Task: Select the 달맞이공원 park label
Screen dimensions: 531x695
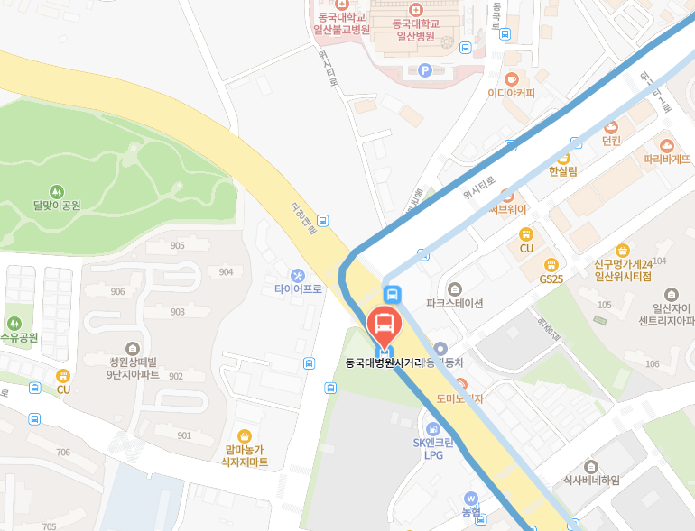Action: (57, 205)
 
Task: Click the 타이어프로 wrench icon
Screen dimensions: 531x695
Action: (298, 275)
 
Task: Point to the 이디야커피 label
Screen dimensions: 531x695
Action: (511, 93)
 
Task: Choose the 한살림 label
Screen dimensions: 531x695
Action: (562, 170)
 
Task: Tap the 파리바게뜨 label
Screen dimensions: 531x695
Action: (667, 158)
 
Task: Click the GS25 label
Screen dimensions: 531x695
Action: (551, 279)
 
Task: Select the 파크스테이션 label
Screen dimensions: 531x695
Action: (454, 303)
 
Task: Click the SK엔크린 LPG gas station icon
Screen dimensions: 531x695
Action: (433, 428)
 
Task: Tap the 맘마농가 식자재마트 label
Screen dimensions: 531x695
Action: (245, 455)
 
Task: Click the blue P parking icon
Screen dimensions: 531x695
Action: (425, 70)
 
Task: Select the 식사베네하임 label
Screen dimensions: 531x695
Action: (591, 481)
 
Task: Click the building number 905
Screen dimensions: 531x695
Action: (177, 246)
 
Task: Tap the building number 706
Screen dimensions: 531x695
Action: (63, 453)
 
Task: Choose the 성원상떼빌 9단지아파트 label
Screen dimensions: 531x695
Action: (133, 367)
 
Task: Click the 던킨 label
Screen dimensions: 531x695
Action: (612, 140)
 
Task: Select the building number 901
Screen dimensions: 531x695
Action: (184, 435)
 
